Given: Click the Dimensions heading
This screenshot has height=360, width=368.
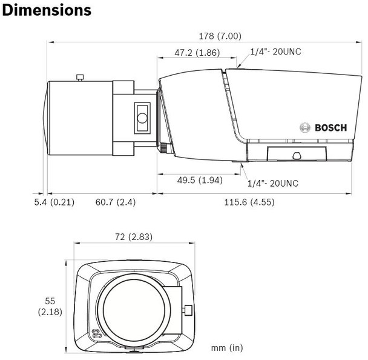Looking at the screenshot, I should pos(47,10).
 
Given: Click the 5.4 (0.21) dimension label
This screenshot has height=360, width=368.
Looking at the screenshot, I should pos(54,202).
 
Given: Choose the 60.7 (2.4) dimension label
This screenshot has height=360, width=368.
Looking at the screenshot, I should pos(116,202).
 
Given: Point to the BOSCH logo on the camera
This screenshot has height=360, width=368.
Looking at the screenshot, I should pos(324,128).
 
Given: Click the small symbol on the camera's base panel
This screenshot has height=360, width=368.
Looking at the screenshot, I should pos(295,155).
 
